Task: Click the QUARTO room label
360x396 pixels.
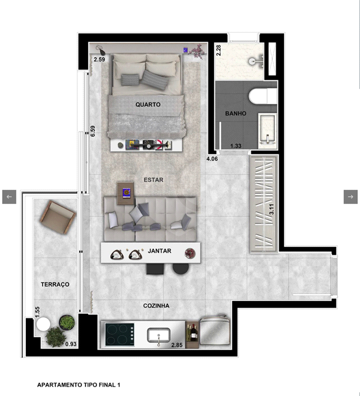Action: pyautogui.click(x=148, y=104)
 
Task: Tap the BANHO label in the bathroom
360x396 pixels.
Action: pyautogui.click(x=235, y=113)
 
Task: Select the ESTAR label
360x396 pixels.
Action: pyautogui.click(x=153, y=180)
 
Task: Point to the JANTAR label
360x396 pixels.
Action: pyautogui.click(x=159, y=251)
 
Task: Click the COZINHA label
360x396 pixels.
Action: pyautogui.click(x=156, y=306)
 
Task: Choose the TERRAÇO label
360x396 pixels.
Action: pyautogui.click(x=55, y=284)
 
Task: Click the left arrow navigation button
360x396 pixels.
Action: pyautogui.click(x=9, y=196)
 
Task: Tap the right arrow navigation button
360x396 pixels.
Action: pyautogui.click(x=351, y=196)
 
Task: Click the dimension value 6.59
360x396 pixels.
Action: pyautogui.click(x=93, y=131)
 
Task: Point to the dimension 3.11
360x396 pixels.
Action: pyautogui.click(x=272, y=210)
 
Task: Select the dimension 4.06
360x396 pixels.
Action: pyautogui.click(x=212, y=159)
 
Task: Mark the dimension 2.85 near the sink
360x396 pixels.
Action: pyautogui.click(x=177, y=344)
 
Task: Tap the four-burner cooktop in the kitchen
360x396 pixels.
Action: pyautogui.click(x=120, y=334)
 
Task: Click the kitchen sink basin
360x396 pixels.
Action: pyautogui.click(x=158, y=336)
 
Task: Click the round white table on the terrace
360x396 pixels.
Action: pyautogui.click(x=43, y=324)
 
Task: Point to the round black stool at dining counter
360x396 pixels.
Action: pyautogui.click(x=180, y=268)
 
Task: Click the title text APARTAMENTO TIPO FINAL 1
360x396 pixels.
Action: pyautogui.click(x=78, y=385)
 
